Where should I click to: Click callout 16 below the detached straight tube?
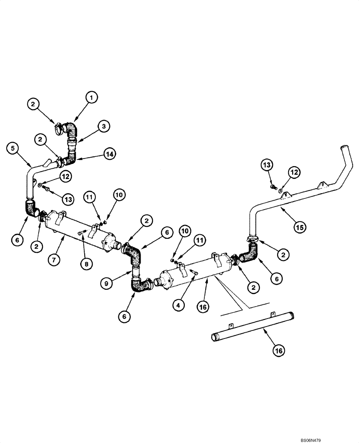click(278, 350)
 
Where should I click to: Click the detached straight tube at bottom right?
click(253, 327)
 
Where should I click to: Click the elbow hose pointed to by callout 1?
click(70, 128)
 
